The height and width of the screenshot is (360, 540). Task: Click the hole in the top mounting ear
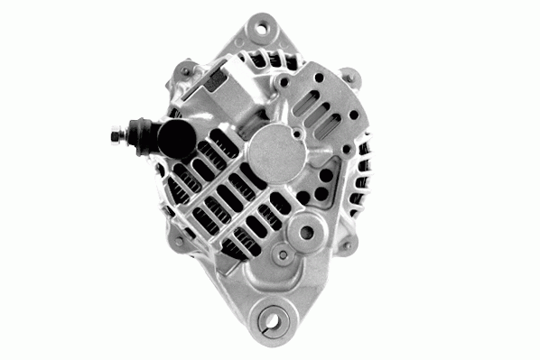[x=264, y=28]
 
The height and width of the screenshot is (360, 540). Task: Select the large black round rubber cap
[x=171, y=137]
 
